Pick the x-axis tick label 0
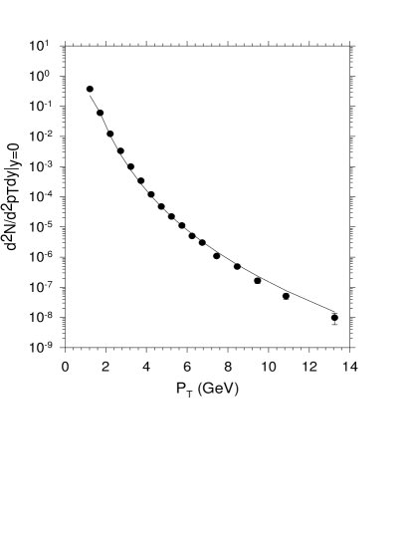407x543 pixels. click(65, 366)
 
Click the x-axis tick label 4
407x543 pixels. click(146, 366)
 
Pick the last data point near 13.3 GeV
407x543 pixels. click(335, 318)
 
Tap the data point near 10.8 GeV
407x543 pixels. click(286, 296)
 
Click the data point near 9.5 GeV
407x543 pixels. click(258, 281)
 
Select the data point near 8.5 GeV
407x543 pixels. click(237, 266)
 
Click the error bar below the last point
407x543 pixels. click(335, 324)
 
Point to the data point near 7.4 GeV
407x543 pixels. click(216, 256)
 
